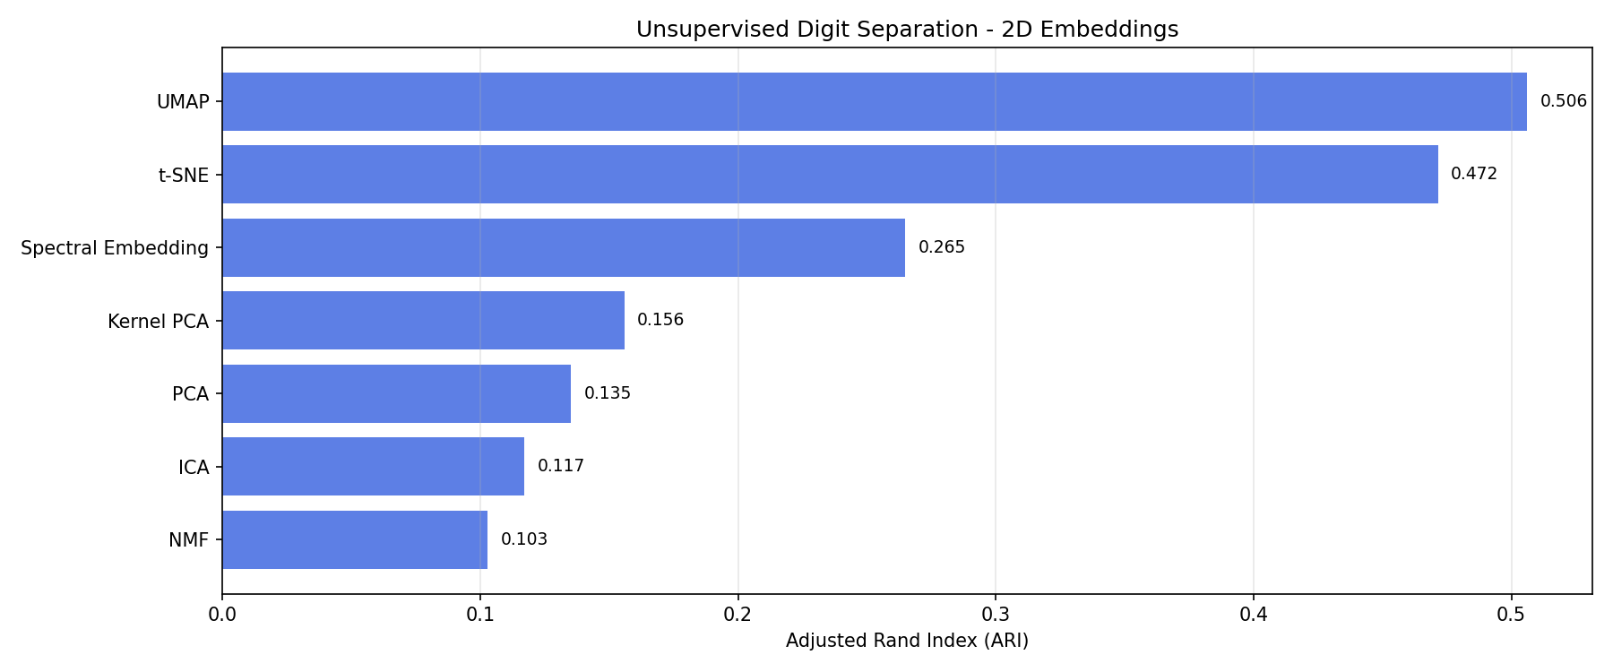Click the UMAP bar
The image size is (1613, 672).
coord(874,102)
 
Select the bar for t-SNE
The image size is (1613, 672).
coord(830,175)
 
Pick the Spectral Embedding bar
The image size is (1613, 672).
coord(563,248)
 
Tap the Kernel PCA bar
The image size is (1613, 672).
coord(423,321)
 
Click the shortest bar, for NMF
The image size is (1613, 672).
coord(355,540)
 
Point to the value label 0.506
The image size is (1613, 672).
coord(1563,101)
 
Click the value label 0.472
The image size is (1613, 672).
coord(1473,174)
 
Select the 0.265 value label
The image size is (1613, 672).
coord(941,247)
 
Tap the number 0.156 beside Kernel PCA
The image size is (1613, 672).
coord(660,320)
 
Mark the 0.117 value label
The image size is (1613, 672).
coord(560,466)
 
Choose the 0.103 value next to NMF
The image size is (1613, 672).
coord(523,539)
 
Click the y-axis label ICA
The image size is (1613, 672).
coord(194,467)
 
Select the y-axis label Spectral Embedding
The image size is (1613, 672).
coord(115,248)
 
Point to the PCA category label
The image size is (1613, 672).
coord(190,394)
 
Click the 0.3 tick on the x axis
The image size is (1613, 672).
coord(996,615)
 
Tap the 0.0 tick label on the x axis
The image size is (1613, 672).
coord(222,615)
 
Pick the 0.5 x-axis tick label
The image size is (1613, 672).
coord(1511,615)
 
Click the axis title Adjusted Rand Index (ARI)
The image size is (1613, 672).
coord(907,642)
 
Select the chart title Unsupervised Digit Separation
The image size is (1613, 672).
coord(907,30)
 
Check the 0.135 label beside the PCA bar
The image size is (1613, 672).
coord(607,393)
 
